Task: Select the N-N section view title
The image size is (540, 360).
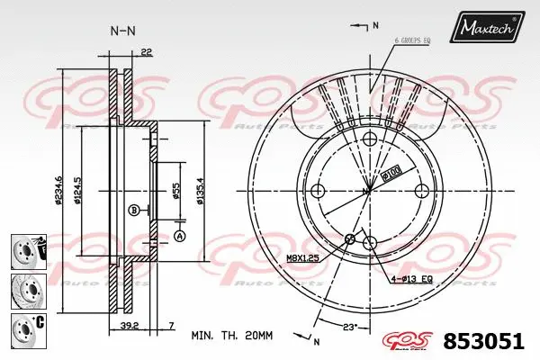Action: coord(122,30)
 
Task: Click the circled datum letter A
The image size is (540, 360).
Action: coord(178,237)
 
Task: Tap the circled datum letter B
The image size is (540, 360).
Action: coord(134,211)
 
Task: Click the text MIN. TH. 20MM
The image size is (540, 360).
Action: coord(231,335)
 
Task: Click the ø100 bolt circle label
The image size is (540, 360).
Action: coord(391,171)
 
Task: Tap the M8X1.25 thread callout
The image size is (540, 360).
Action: coord(303,258)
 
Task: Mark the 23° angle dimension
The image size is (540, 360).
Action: coord(349,325)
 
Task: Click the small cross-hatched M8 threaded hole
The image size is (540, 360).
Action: coord(351,238)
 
